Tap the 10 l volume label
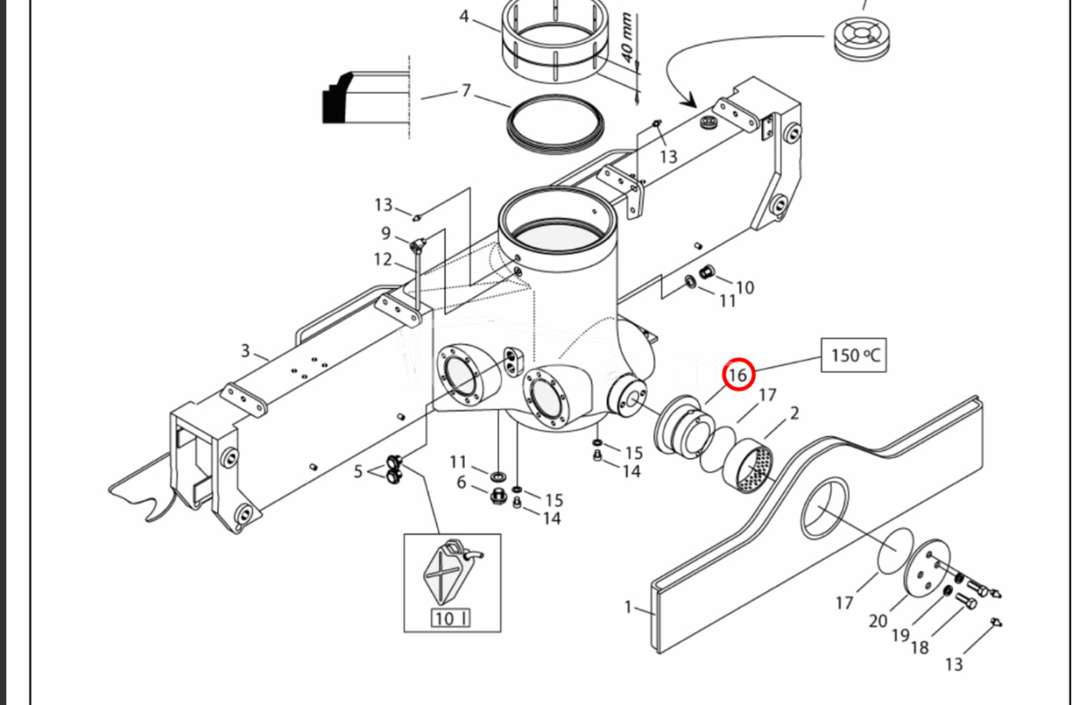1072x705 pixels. [x=451, y=619]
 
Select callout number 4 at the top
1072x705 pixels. [x=464, y=17]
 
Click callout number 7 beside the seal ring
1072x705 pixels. [x=466, y=90]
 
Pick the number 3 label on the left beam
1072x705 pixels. [x=245, y=350]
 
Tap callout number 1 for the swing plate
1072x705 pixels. [x=628, y=606]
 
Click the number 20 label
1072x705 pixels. [x=878, y=620]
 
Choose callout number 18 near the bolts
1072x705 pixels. [x=920, y=646]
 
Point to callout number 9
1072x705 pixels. [x=386, y=234]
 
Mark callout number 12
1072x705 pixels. [x=383, y=260]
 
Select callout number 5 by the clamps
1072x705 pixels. [x=358, y=472]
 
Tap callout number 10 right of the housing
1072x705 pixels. [x=745, y=287]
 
